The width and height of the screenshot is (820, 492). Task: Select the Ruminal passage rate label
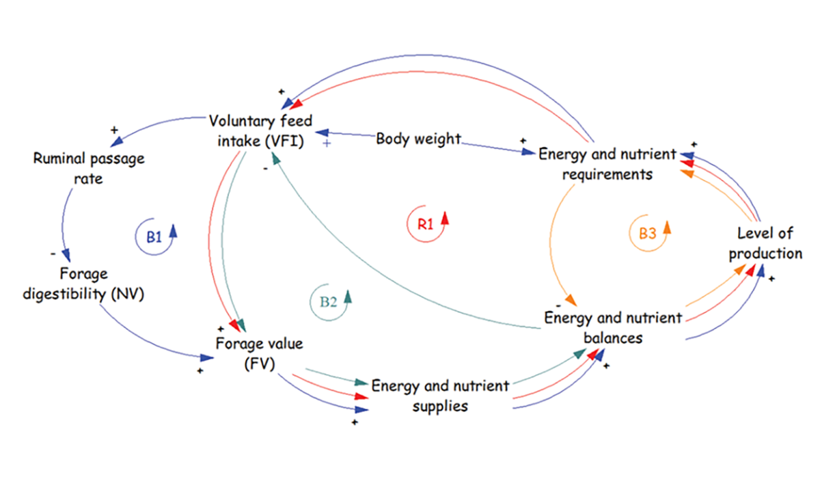coord(89,168)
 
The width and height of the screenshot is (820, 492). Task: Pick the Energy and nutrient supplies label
coord(439,396)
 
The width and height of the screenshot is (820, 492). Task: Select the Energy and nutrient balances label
coord(612,327)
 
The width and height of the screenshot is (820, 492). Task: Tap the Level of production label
coord(765,245)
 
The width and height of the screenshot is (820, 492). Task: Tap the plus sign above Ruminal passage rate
coord(113,130)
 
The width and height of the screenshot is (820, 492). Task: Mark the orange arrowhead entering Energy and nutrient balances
coord(570,301)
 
